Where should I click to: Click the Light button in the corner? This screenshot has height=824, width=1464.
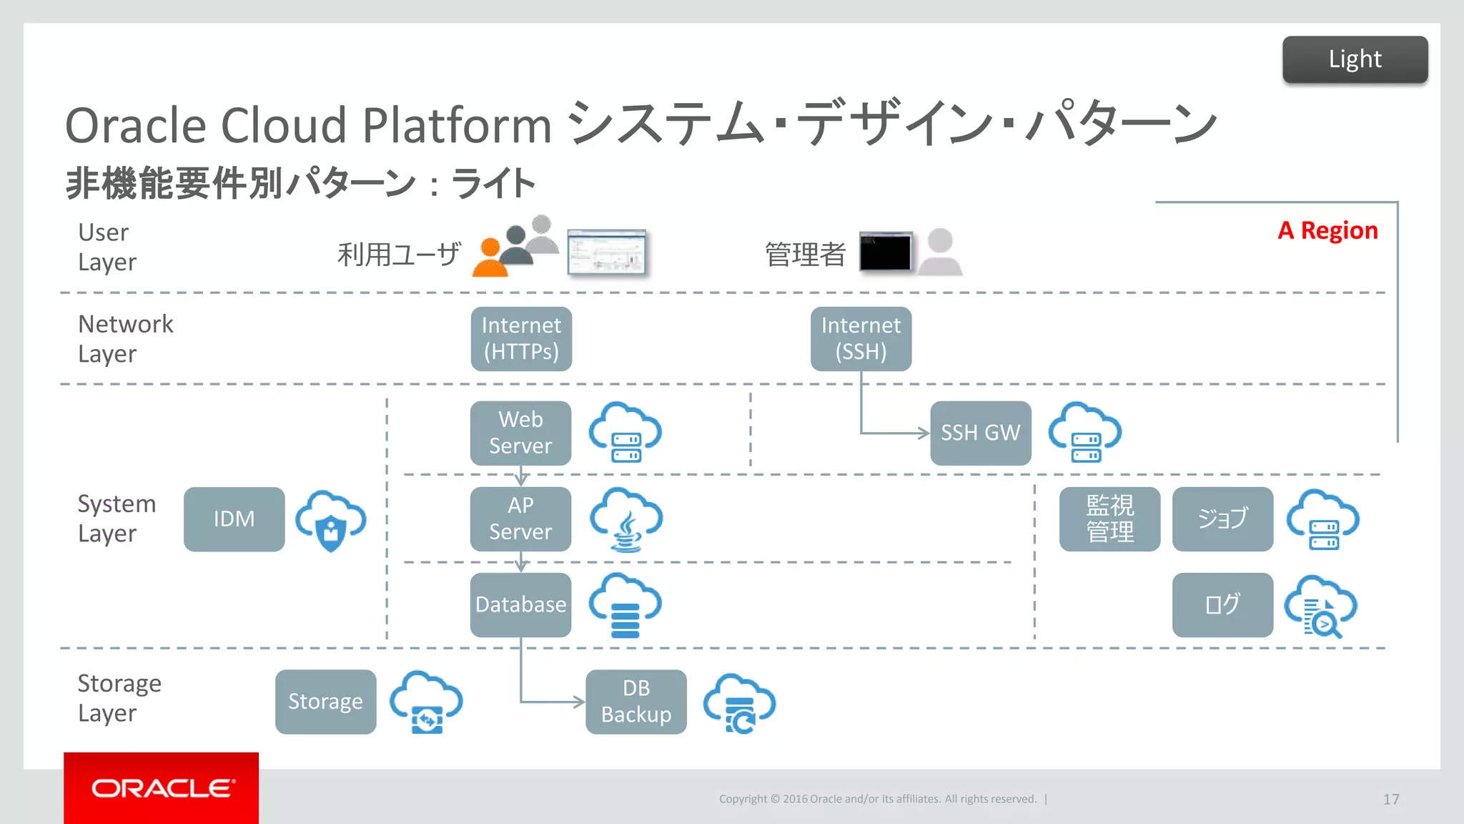1355,59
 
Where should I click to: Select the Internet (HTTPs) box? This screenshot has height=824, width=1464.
521,339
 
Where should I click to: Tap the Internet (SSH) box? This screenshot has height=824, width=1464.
861,339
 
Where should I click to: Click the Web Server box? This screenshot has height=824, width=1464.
520,433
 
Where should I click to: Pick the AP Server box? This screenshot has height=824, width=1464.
520,519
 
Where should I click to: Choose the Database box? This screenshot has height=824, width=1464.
520,604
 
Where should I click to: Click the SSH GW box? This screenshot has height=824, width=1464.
980,433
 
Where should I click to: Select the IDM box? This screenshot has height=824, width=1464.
234,519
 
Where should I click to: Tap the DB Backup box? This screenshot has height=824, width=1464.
635,701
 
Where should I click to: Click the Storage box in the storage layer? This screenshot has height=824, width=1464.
325,701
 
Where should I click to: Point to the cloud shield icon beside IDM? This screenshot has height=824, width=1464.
331,521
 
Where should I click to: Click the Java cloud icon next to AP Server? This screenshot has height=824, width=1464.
626,520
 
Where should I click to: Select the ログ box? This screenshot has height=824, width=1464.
1222,604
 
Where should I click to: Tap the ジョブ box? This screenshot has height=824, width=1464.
1222,519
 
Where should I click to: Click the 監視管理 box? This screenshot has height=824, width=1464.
1109,519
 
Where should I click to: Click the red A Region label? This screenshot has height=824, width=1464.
1327,230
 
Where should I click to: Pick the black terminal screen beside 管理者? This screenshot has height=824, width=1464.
885,252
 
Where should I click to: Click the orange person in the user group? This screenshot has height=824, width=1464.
490,259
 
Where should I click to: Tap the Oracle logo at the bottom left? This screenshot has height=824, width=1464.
162,788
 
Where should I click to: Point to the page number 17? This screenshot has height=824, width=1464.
1390,799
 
